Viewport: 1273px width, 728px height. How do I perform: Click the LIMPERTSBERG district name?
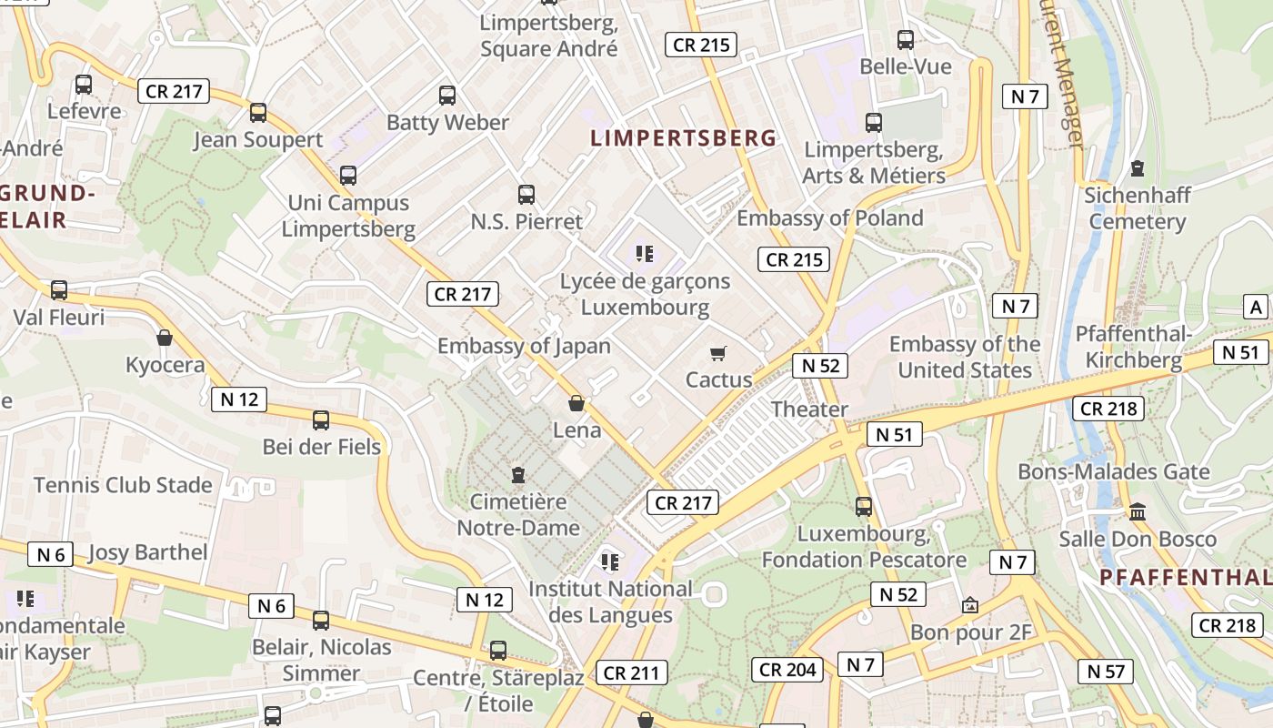coord(684,138)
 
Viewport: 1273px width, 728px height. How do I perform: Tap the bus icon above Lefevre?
coord(84,85)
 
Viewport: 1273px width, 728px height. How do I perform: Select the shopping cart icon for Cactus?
coord(718,353)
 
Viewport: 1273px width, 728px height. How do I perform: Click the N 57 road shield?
coord(1106,672)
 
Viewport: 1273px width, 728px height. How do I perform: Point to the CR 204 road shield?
coord(788,670)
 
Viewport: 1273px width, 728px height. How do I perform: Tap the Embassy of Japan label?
coord(524,346)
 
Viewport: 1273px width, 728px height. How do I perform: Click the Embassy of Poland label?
coord(829,218)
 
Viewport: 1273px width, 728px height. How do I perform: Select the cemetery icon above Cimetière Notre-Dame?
coord(518,474)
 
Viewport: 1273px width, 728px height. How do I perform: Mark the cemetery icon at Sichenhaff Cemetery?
coord(1138,167)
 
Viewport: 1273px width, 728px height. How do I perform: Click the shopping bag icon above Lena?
coord(576,402)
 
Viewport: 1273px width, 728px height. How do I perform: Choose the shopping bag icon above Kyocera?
coord(165,339)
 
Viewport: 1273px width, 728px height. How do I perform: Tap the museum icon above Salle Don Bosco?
coord(1138,511)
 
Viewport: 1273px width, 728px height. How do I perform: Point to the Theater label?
coord(809,409)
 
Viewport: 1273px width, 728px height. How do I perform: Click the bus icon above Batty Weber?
coord(447,95)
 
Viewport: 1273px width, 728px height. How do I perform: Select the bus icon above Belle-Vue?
coord(906,40)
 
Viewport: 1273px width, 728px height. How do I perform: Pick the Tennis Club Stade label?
coord(123,485)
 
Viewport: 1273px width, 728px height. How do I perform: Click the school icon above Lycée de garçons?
coord(646,254)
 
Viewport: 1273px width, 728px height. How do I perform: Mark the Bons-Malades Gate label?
coord(1114,471)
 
